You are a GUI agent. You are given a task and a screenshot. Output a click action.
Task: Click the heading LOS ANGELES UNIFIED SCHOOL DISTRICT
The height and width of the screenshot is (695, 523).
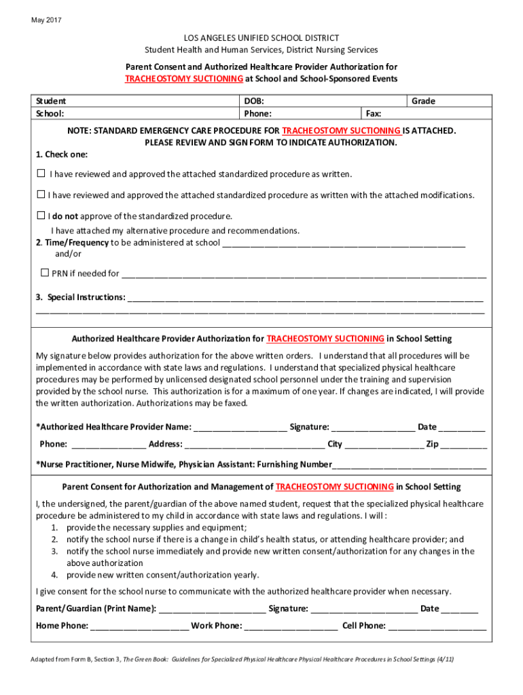261,38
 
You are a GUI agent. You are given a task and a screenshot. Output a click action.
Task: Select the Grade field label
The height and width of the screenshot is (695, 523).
423,101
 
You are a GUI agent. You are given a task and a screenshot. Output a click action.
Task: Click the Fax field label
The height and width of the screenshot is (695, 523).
373,114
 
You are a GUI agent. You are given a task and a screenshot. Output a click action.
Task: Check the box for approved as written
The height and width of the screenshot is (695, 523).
41,174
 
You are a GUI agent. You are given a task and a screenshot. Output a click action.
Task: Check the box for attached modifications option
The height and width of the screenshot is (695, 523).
41,195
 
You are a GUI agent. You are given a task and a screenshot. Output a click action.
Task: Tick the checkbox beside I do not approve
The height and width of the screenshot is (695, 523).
41,216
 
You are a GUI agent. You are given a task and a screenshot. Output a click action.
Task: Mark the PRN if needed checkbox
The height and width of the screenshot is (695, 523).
45,273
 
